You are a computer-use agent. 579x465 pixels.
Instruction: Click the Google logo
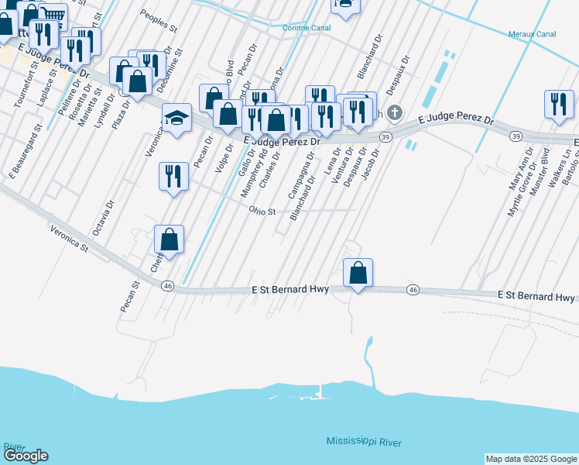(x=26, y=456)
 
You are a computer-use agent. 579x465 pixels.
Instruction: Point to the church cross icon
(x=395, y=114)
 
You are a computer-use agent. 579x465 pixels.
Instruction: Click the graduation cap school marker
(x=176, y=119)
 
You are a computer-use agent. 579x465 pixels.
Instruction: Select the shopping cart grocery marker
(x=53, y=15)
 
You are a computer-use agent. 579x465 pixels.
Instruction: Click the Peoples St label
(x=159, y=19)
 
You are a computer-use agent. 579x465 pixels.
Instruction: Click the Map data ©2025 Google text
(x=531, y=459)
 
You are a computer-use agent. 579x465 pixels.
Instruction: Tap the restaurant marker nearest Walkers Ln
(x=559, y=105)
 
